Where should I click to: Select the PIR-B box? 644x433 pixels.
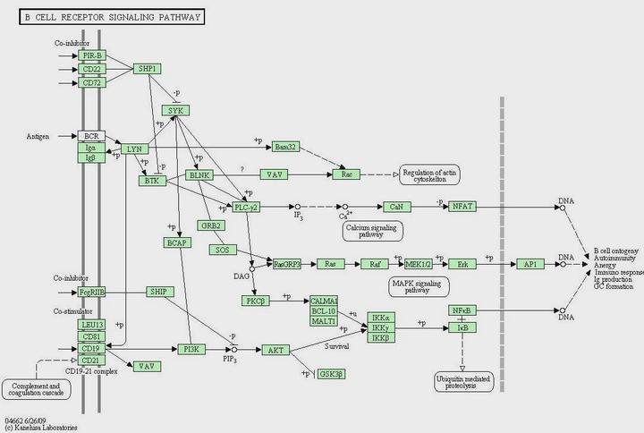pos(91,55)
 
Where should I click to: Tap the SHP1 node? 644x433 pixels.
pos(148,69)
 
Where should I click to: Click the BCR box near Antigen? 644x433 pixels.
pos(91,136)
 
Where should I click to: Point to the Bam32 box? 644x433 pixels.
pos(284,147)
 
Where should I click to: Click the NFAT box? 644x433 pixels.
pos(462,207)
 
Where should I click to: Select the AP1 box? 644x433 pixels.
pos(530,264)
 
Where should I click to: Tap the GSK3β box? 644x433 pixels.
pos(332,373)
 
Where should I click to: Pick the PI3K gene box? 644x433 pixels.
pos(191,349)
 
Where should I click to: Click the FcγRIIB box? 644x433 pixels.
pos(93,292)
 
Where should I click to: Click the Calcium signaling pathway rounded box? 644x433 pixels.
pos(372,231)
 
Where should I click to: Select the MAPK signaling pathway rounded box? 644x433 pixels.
pos(419,287)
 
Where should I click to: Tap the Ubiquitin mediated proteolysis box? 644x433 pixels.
pos(462,383)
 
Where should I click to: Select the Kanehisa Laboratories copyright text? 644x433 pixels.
pos(40,428)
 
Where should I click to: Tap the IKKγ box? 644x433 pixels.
pos(379,327)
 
